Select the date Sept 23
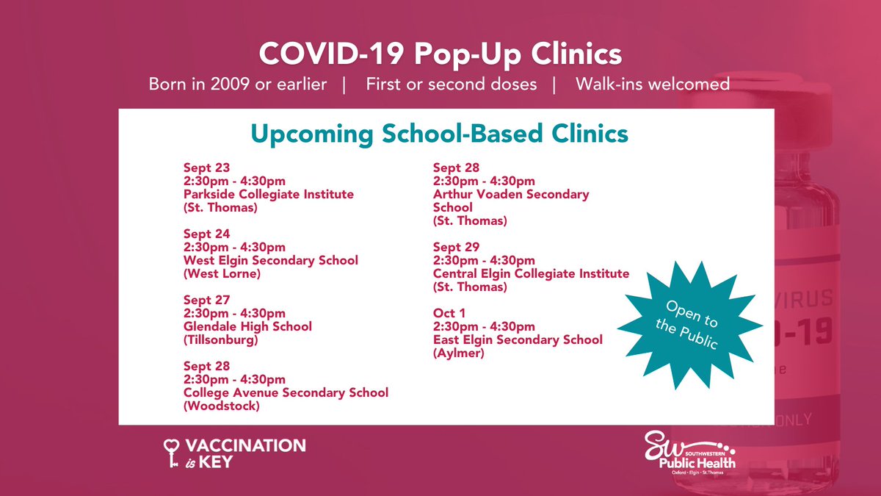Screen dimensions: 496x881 point(206,168)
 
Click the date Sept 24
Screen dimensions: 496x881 point(206,234)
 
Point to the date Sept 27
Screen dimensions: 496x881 point(206,300)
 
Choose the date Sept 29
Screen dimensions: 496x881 point(456,247)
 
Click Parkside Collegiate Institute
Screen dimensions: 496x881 point(268,195)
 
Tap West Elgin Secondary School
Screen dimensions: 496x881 point(271,261)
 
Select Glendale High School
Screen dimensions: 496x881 point(247,326)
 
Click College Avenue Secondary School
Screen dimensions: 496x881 point(286,392)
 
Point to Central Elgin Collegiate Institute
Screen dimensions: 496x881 point(531,273)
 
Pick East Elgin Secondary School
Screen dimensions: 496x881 point(518,339)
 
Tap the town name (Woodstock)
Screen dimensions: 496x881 point(221,406)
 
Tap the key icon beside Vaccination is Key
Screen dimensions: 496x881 point(172,451)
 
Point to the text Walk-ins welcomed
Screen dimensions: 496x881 point(652,84)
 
